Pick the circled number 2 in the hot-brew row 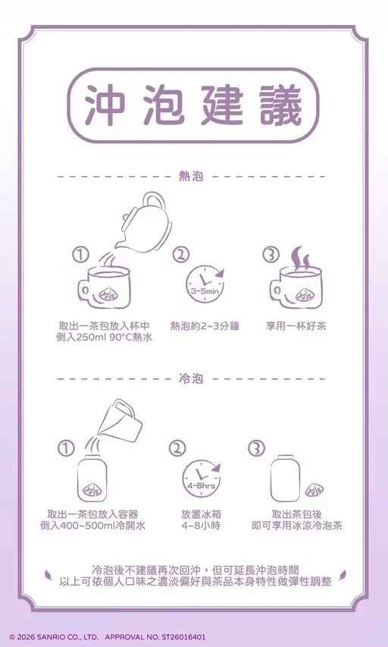click(x=180, y=256)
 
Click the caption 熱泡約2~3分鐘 click(x=205, y=325)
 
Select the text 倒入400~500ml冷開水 click(x=93, y=525)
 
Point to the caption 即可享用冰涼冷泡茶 click(x=297, y=525)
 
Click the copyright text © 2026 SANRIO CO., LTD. click(x=54, y=637)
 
